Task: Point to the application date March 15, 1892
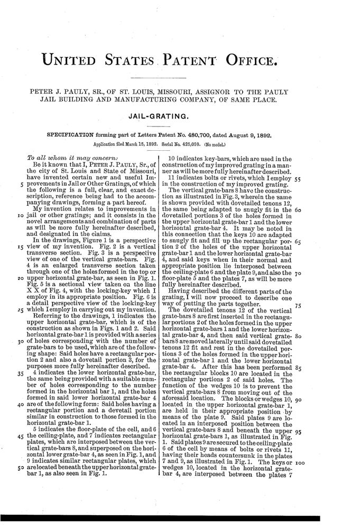pos(140,143)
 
